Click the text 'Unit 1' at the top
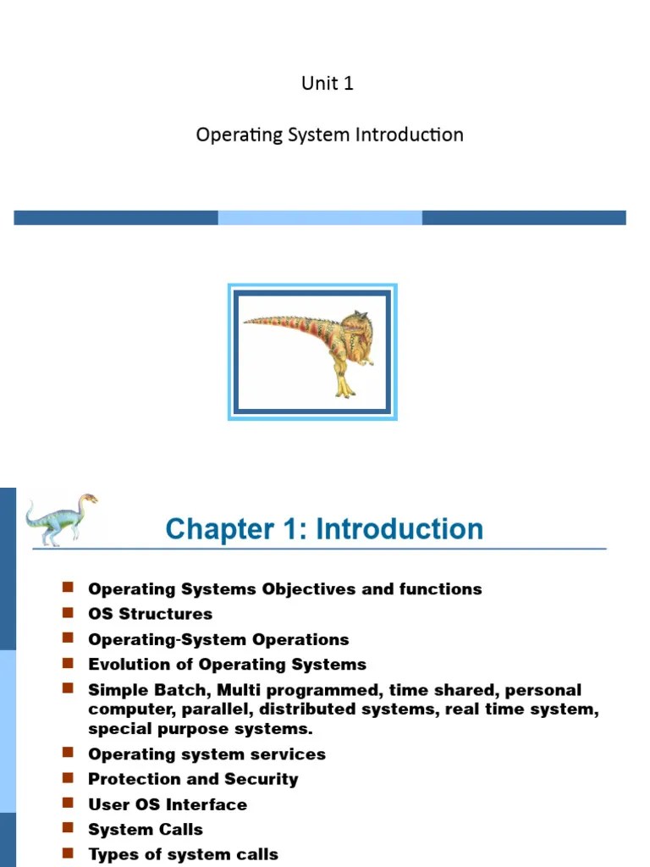[328, 83]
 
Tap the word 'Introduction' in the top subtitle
[416, 135]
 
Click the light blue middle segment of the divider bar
[320, 218]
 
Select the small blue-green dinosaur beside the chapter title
[60, 518]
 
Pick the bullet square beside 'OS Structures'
[69, 611]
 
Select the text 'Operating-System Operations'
[218, 639]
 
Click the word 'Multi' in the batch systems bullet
[238, 690]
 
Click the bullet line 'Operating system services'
[207, 754]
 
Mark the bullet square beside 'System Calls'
[69, 827]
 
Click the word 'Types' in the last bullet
[113, 854]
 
